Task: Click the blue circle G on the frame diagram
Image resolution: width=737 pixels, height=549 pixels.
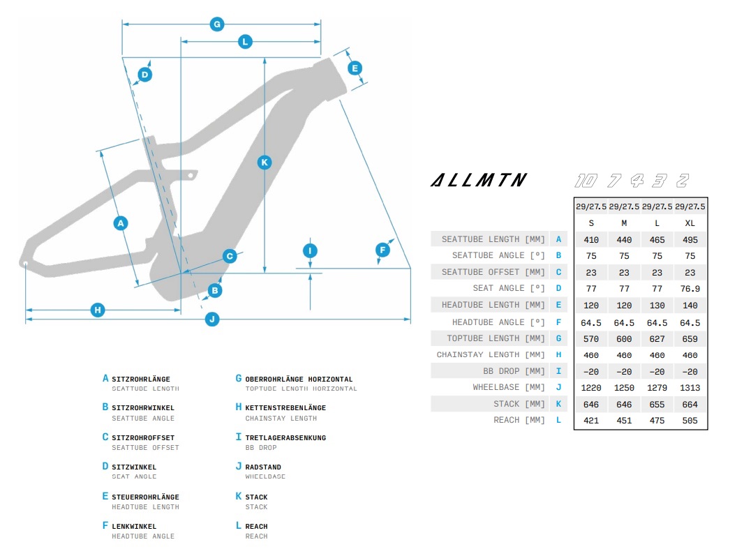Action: (x=217, y=24)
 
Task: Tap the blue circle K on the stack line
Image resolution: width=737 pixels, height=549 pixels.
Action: (x=264, y=162)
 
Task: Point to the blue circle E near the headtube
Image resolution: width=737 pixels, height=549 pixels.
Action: (x=355, y=68)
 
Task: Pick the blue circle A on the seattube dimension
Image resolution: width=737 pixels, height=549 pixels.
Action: (x=121, y=223)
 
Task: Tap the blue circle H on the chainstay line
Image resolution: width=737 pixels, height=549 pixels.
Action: (x=98, y=310)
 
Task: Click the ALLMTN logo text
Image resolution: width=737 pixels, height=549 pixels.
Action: (x=478, y=181)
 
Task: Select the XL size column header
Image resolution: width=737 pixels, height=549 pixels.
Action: (x=690, y=223)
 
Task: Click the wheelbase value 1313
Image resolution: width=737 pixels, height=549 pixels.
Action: (x=690, y=388)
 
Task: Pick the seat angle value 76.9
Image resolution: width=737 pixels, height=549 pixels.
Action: (x=690, y=289)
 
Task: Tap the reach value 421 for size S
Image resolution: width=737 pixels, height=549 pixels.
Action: (x=590, y=421)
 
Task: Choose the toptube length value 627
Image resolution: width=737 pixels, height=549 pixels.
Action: (x=657, y=338)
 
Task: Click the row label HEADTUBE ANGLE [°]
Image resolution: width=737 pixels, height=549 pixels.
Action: (x=498, y=322)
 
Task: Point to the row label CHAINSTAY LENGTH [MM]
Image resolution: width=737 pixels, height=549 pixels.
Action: (x=491, y=355)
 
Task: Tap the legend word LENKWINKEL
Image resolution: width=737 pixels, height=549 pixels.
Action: (x=134, y=527)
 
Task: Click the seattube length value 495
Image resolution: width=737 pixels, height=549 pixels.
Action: (x=690, y=239)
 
